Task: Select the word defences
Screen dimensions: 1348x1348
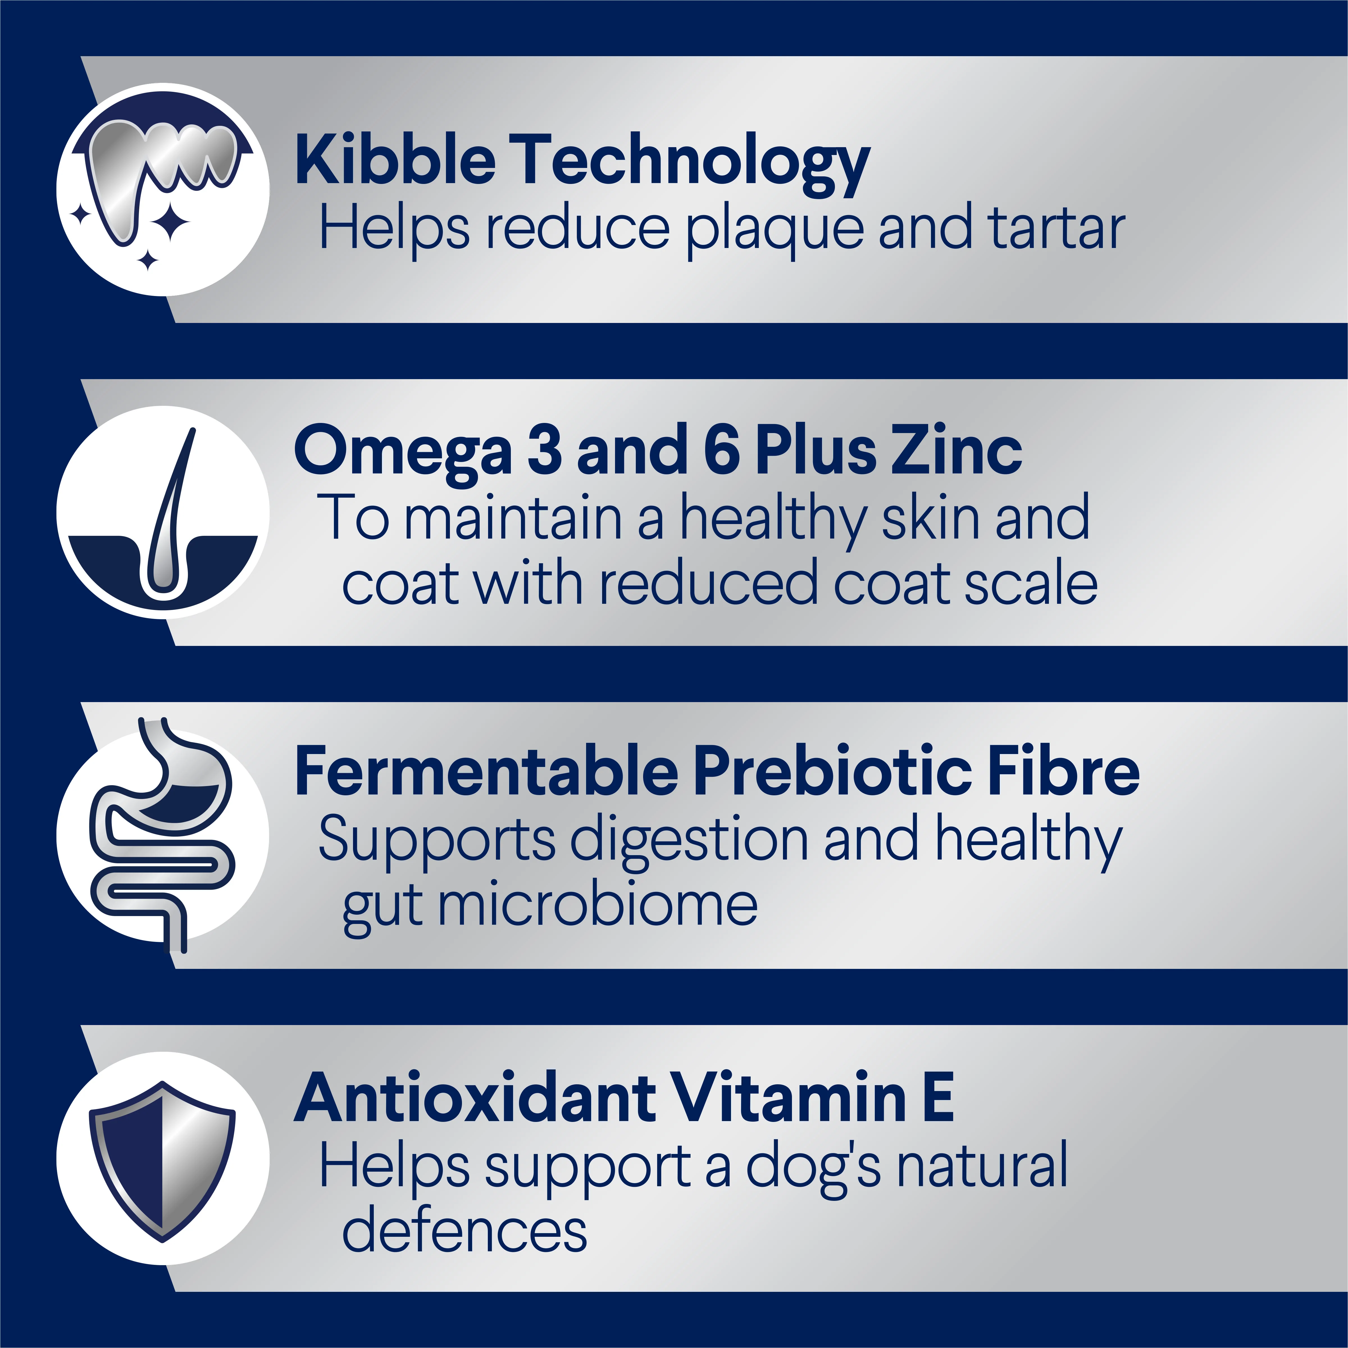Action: pos(465,1229)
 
